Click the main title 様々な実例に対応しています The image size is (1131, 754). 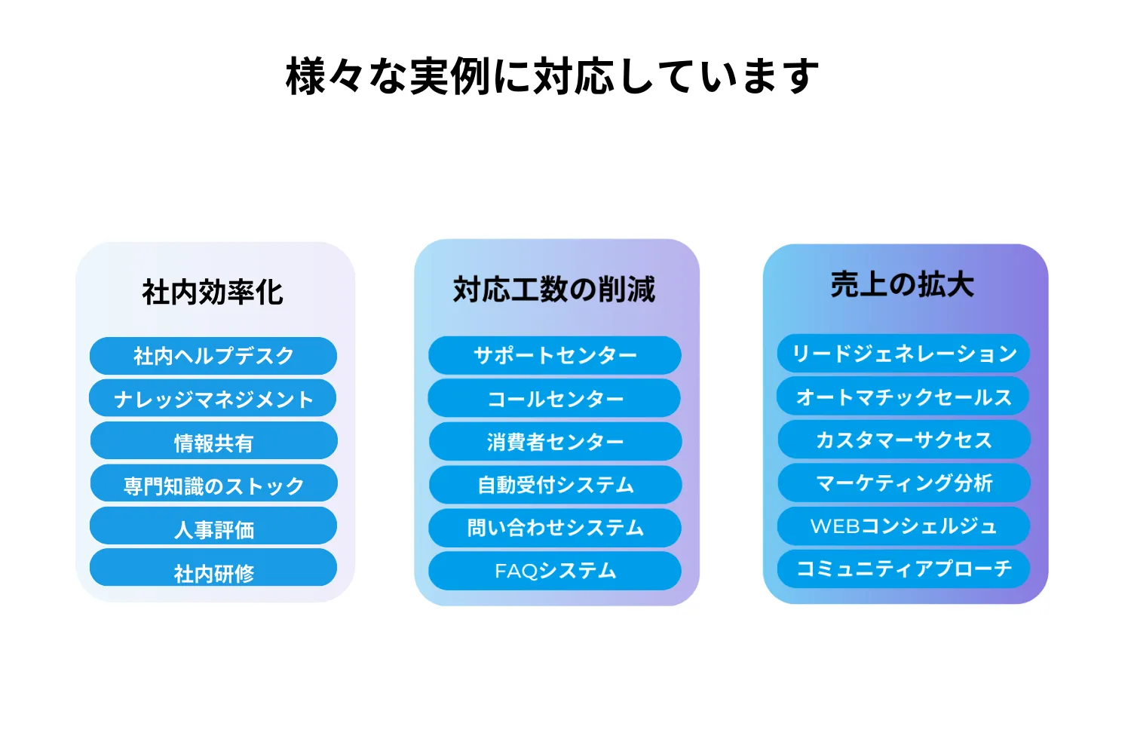[x=552, y=75]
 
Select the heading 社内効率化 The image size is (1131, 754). [x=213, y=292]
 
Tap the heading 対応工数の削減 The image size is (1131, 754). [x=554, y=290]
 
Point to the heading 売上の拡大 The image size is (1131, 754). [x=903, y=284]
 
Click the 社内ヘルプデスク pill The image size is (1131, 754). [x=213, y=356]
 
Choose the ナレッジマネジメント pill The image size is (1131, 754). [x=213, y=398]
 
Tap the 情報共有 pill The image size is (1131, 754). [x=213, y=441]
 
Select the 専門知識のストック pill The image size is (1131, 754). [x=213, y=483]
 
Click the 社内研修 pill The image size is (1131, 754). [x=213, y=568]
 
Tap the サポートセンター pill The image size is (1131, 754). [x=554, y=356]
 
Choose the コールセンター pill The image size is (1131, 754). [x=554, y=398]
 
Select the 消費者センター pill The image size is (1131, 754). [x=556, y=441]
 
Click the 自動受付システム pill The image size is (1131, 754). [x=556, y=485]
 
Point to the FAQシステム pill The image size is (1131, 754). [x=554, y=571]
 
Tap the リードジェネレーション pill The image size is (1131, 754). [x=903, y=354]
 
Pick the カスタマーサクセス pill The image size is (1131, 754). [x=904, y=440]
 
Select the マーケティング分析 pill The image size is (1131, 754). [x=904, y=483]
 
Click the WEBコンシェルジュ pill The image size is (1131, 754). [x=903, y=526]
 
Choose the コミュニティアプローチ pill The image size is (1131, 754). [x=903, y=569]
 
